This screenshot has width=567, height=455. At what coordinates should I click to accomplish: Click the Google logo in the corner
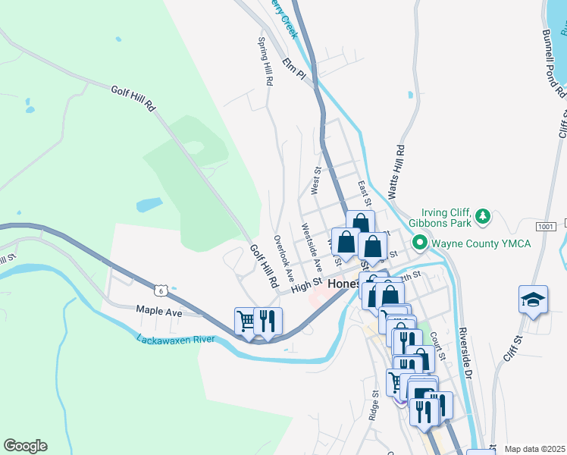(x=25, y=446)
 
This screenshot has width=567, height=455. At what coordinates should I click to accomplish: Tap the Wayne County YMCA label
(x=481, y=243)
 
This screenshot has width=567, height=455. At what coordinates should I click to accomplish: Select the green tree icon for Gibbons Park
(x=483, y=218)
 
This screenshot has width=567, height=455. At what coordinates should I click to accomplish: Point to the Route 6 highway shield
(x=159, y=290)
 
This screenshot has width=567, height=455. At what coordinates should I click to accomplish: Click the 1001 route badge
(x=545, y=226)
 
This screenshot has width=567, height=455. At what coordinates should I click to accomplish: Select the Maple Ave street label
(x=159, y=311)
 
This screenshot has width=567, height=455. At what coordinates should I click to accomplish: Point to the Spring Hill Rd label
(x=265, y=61)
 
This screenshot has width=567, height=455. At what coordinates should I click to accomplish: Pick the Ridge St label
(x=374, y=406)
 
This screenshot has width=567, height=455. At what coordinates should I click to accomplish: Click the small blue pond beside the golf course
(x=149, y=205)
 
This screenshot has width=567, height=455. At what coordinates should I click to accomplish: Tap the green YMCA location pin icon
(x=418, y=243)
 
